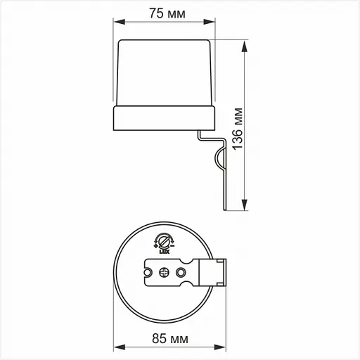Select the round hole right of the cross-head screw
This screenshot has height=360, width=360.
181,271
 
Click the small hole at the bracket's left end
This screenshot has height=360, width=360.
148,271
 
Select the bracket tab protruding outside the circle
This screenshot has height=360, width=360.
219,271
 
